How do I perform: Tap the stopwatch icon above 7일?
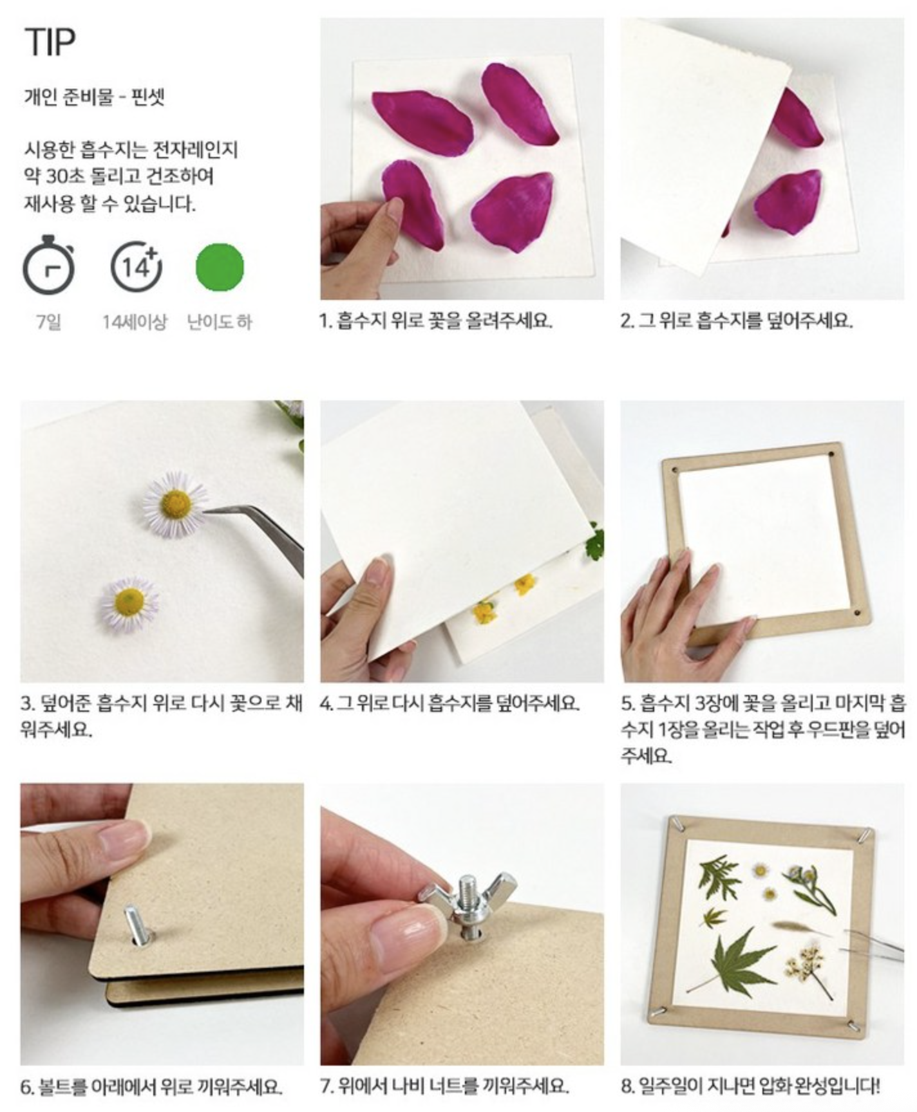click(49, 264)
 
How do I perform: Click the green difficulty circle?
click(220, 267)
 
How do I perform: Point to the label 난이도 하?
click(220, 322)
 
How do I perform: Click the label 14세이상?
click(135, 322)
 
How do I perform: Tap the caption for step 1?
click(437, 320)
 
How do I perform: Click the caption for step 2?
click(737, 320)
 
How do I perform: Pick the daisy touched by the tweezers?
click(176, 504)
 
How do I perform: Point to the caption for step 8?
click(750, 1087)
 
